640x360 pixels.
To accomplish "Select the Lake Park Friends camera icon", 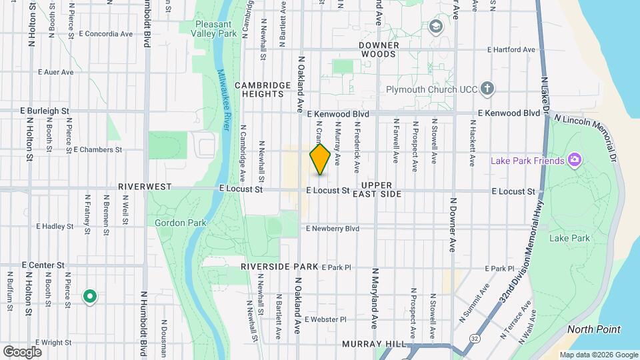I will [575, 160].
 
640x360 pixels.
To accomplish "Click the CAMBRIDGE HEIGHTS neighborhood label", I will [263, 90].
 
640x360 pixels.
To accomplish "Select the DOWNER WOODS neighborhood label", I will [379, 49].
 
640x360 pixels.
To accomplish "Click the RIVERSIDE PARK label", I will [279, 267].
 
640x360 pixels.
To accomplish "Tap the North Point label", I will [594, 329].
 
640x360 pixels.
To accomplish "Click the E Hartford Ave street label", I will [511, 50].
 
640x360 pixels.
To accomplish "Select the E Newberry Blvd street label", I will [333, 229].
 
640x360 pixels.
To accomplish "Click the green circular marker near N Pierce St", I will [89, 296].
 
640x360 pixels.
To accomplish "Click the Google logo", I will [22, 351].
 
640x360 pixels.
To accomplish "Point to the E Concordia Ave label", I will [105, 33].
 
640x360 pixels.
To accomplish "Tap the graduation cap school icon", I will [437, 26].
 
